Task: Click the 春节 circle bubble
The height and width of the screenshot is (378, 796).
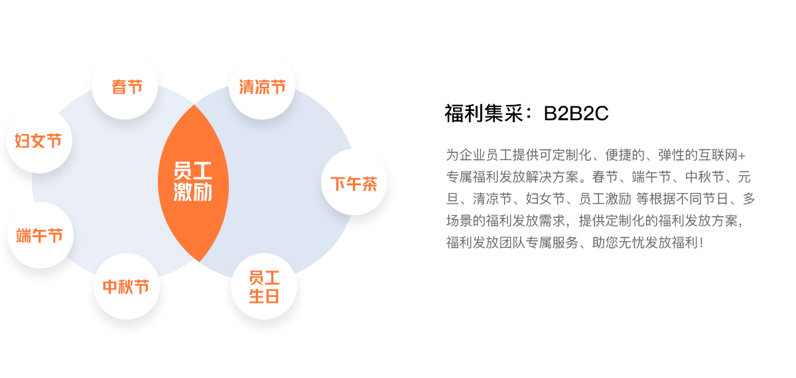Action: pyautogui.click(x=125, y=86)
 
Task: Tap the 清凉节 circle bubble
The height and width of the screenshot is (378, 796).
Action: pyautogui.click(x=262, y=86)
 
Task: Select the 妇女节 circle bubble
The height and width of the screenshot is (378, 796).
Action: pyautogui.click(x=39, y=140)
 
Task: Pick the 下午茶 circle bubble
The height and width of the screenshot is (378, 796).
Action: pyautogui.click(x=354, y=182)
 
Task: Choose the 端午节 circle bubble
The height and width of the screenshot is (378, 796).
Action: pyautogui.click(x=40, y=235)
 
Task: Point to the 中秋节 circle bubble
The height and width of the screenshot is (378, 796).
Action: pyautogui.click(x=127, y=286)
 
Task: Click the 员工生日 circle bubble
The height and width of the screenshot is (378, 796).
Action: pyautogui.click(x=264, y=286)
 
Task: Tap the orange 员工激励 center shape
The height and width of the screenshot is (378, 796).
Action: pyautogui.click(x=193, y=183)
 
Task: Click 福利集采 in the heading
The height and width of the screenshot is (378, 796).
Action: pyautogui.click(x=484, y=114)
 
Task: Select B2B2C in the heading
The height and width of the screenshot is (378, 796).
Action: pyautogui.click(x=576, y=114)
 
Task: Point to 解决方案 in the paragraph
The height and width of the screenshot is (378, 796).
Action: pyautogui.click(x=553, y=177)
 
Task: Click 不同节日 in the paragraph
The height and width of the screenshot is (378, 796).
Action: pyautogui.click(x=702, y=199)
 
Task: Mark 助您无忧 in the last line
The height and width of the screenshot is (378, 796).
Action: pyautogui.click(x=618, y=242)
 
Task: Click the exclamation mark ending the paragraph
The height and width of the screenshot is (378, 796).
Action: pyautogui.click(x=701, y=242)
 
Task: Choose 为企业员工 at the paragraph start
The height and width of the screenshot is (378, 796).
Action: pyautogui.click(x=479, y=155)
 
